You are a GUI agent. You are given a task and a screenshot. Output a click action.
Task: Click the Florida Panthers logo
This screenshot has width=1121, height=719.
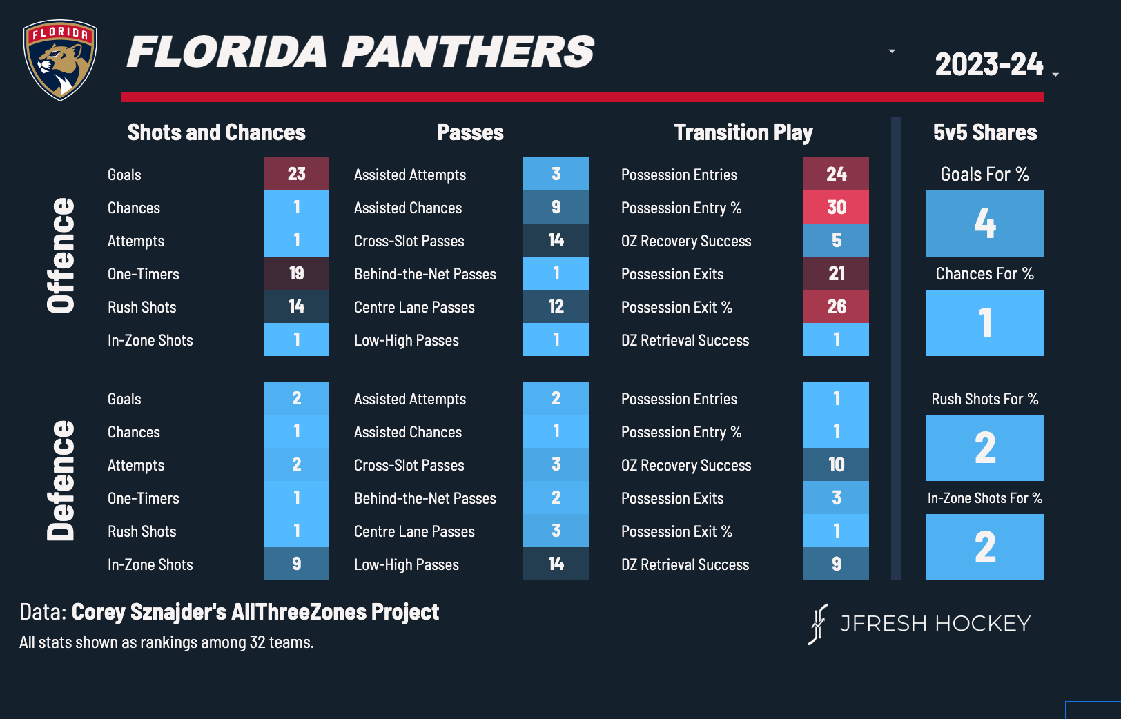click(60, 60)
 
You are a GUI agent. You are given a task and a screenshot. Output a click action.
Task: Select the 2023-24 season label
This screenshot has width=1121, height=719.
click(988, 65)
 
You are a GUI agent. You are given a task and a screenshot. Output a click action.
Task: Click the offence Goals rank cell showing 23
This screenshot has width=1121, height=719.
click(296, 174)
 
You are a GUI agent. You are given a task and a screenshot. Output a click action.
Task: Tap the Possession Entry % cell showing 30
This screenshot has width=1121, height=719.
click(836, 207)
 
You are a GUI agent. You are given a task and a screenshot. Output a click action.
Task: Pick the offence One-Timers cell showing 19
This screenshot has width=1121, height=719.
click(296, 273)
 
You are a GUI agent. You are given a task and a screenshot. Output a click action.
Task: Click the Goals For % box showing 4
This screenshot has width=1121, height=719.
click(984, 224)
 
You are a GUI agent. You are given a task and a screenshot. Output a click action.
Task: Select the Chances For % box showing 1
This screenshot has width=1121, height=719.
click(984, 323)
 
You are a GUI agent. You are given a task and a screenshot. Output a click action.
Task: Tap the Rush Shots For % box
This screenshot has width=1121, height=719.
click(984, 447)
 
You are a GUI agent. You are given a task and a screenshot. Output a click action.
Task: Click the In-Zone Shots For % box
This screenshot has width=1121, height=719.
click(984, 546)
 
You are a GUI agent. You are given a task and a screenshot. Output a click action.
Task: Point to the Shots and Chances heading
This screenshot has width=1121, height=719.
click(216, 132)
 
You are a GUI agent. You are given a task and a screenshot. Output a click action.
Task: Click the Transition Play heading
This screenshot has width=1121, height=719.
click(743, 132)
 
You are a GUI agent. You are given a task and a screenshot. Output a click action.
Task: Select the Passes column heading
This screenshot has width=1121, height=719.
click(470, 132)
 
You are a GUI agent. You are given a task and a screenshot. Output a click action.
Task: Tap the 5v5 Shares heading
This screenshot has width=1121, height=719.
click(984, 132)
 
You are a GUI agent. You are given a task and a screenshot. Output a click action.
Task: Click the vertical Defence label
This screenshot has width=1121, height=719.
click(61, 480)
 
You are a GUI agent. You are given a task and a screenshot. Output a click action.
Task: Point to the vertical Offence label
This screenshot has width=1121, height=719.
click(61, 256)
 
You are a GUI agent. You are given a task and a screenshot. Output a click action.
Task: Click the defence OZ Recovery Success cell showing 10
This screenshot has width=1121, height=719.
click(836, 464)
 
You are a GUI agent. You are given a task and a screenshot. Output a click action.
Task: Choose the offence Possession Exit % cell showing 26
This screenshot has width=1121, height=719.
click(836, 306)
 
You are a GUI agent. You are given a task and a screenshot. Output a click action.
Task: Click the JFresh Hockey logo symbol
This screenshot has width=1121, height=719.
click(818, 624)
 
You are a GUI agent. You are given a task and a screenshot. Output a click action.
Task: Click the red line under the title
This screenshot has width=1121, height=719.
click(582, 97)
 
